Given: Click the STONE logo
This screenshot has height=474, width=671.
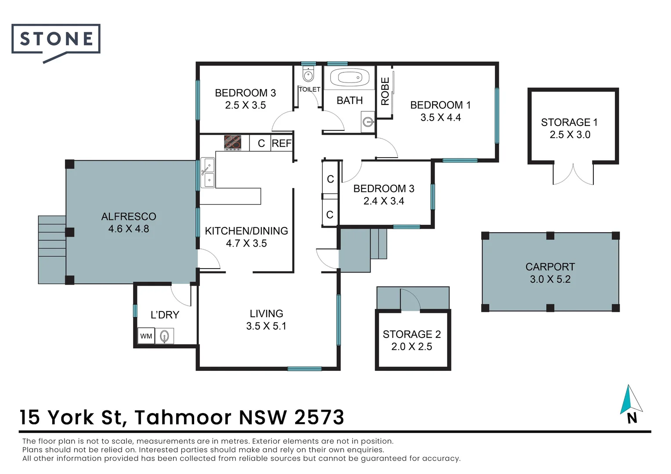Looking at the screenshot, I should (56, 40).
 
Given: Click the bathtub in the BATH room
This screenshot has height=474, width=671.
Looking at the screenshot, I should (349, 78).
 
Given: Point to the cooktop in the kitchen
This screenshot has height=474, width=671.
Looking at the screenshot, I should (232, 143).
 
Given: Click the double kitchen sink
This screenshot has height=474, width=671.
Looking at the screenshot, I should (208, 173).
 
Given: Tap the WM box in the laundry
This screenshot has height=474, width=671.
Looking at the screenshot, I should (146, 336).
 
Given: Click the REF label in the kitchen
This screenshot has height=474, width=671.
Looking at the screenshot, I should (281, 144).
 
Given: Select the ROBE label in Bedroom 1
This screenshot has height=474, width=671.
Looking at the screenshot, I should (385, 91).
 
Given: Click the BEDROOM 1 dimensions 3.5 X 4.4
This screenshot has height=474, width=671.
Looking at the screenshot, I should (440, 118).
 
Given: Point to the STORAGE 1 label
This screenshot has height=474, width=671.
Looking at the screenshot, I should (569, 122).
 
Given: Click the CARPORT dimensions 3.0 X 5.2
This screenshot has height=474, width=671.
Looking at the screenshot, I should (550, 280).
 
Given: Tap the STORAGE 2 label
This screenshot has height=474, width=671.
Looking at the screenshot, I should (411, 334).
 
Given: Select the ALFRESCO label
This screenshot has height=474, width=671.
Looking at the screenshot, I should (129, 216).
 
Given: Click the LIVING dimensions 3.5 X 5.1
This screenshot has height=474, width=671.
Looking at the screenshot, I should (266, 326).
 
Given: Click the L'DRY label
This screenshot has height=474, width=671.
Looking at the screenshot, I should (165, 315).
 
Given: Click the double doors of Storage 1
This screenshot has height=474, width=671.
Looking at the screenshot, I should (573, 174).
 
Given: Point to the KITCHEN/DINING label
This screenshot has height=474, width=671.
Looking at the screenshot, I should (246, 231).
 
